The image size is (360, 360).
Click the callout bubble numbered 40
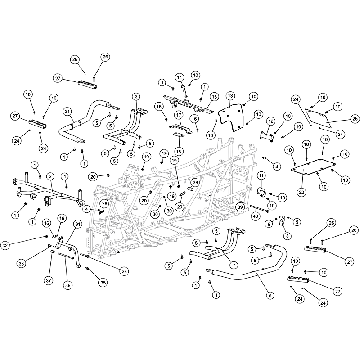[255, 216]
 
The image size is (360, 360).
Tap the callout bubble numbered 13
[230, 96]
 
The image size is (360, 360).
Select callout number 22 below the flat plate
[301, 192]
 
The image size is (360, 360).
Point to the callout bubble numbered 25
[355, 119]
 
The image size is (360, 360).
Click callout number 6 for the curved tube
[270, 296]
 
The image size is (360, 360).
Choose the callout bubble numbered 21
[67, 112]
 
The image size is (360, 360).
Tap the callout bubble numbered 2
[50, 176]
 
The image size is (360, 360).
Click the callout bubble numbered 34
[124, 271]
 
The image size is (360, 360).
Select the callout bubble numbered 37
[49, 280]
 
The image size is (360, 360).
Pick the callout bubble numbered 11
[261, 176]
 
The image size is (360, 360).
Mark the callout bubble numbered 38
[195, 183]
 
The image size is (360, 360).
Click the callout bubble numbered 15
[214, 97]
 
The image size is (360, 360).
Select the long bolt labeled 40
[260, 208]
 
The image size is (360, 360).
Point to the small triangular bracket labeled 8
[282, 220]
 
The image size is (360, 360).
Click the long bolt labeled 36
[66, 256]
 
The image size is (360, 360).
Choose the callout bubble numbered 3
[136, 97]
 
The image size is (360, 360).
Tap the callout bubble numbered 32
[5, 245]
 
